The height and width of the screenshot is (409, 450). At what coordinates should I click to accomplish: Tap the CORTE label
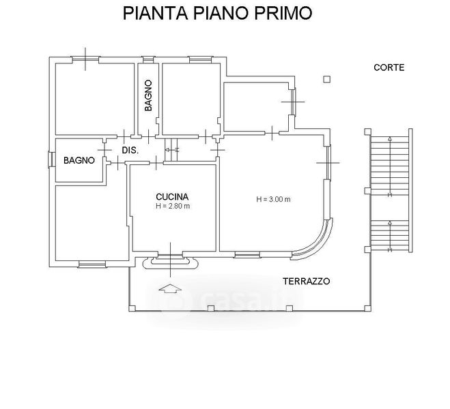(389, 67)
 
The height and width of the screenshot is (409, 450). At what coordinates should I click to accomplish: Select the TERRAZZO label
(307, 282)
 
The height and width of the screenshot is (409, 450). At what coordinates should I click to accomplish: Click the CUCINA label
(172, 197)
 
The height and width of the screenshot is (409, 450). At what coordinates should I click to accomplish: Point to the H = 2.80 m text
(173, 206)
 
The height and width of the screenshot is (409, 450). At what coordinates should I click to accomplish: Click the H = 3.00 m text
(273, 199)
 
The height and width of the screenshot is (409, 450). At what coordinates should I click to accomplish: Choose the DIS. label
(130, 151)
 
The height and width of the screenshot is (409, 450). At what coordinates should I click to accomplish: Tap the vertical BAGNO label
(148, 95)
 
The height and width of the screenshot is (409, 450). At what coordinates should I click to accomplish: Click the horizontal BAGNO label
(79, 160)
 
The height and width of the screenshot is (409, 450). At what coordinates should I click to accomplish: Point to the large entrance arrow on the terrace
(170, 289)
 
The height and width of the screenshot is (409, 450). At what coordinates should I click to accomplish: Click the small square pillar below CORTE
(327, 79)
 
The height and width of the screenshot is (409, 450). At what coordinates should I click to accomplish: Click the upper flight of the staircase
(390, 166)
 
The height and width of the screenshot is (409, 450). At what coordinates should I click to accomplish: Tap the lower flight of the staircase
(390, 236)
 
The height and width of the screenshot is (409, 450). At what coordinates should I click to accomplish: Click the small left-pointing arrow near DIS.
(171, 150)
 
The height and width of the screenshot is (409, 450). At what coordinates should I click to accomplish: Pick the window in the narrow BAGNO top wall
(148, 59)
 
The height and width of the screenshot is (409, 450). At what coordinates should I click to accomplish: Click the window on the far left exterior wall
(51, 160)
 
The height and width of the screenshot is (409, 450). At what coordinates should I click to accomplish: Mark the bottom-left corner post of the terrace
(132, 309)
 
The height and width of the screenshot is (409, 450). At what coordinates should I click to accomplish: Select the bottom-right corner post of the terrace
(367, 309)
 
